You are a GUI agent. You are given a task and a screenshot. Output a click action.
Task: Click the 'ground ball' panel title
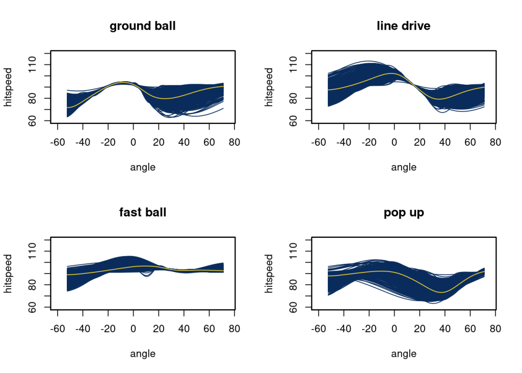click(143, 26)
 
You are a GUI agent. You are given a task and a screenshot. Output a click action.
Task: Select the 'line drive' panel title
click(404, 26)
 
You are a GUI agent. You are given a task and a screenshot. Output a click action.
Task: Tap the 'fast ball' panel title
click(143, 212)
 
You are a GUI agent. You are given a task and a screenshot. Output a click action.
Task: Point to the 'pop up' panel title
click(404, 212)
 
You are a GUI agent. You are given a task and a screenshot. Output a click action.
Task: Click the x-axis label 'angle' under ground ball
click(143, 167)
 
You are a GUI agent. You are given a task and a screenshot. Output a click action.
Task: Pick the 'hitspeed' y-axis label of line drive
click(270, 87)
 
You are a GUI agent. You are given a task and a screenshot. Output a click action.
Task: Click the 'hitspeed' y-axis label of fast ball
click(9, 273)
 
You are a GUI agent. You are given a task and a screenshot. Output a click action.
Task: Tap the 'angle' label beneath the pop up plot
click(404, 353)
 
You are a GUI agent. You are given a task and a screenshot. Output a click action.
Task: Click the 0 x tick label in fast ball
click(133, 328)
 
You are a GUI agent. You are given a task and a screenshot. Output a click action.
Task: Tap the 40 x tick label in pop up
click(445, 328)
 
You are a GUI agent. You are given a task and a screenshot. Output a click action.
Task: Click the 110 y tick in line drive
click(295, 65)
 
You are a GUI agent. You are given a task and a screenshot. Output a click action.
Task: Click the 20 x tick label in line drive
click(419, 142)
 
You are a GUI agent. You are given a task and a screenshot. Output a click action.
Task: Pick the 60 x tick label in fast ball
click(209, 328)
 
